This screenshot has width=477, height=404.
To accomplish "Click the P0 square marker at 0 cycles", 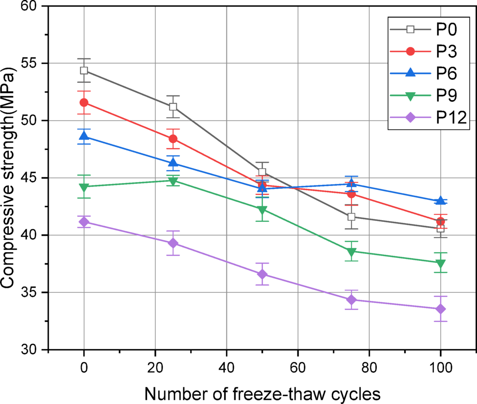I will (x=84, y=70).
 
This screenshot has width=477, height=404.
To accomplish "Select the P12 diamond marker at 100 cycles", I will (x=440, y=309).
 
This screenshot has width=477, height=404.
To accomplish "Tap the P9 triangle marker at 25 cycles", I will (x=173, y=181).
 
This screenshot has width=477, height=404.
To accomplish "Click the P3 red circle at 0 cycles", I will (x=84, y=102).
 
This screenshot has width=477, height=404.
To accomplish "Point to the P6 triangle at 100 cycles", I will (x=440, y=201).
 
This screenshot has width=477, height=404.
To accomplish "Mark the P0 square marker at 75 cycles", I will (x=351, y=217).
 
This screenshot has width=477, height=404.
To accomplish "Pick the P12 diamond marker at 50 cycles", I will (x=262, y=274).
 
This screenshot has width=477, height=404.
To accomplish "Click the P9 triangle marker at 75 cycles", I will (x=351, y=252).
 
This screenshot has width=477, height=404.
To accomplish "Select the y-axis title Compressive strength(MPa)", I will (x=10, y=178).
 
